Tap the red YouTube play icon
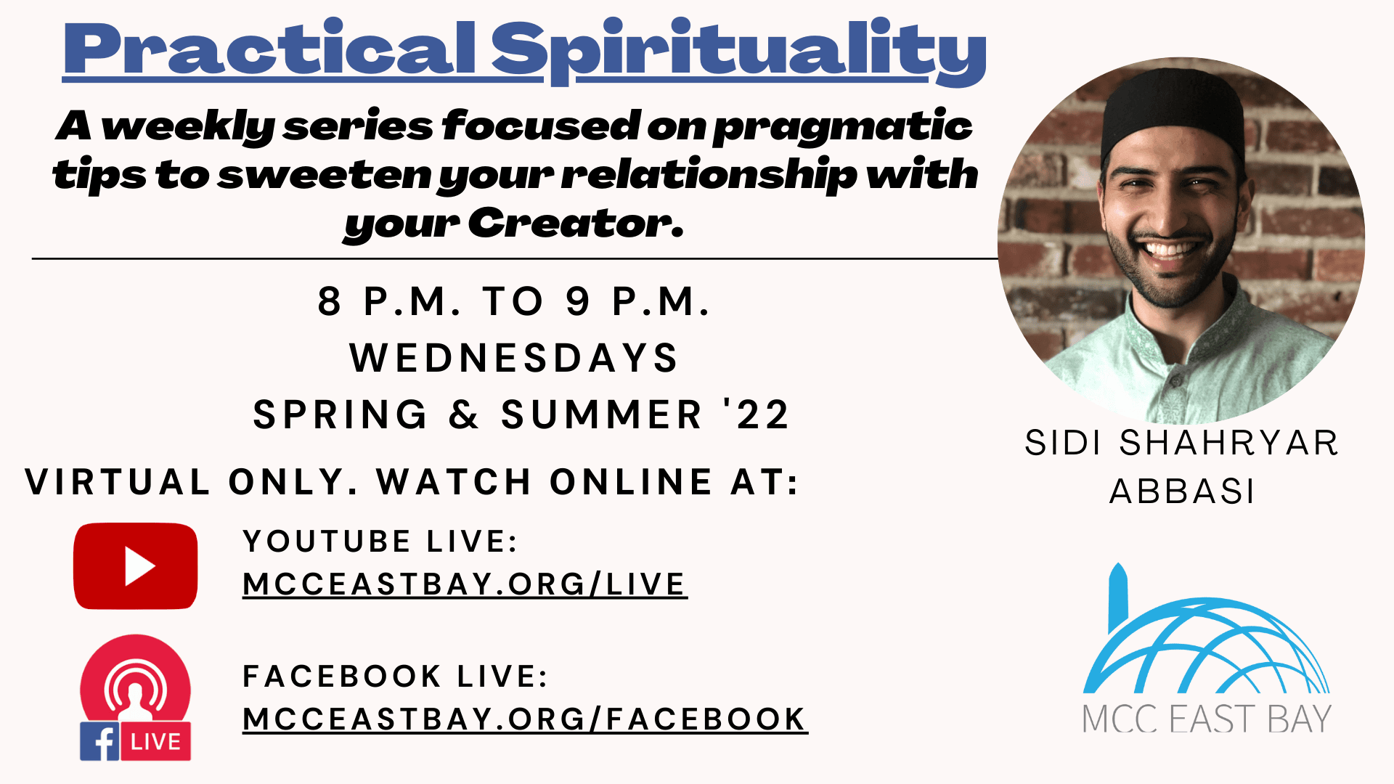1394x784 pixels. tap(136, 566)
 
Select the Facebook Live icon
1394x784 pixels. tap(136, 698)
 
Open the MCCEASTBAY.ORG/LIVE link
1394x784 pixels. tap(465, 584)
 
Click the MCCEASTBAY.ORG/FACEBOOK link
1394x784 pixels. tap(525, 719)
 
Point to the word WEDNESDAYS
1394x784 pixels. tap(514, 358)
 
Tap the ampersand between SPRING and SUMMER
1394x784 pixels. tap(464, 415)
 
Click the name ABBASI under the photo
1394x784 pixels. tap(1182, 491)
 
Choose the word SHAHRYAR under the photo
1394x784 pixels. tap(1228, 443)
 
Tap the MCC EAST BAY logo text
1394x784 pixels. tap(1207, 719)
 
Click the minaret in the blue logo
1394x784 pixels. tap(1118, 598)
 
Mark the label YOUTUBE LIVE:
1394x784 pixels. tap(380, 542)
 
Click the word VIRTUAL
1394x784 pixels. tap(118, 482)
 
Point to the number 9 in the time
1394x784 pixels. tap(578, 301)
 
